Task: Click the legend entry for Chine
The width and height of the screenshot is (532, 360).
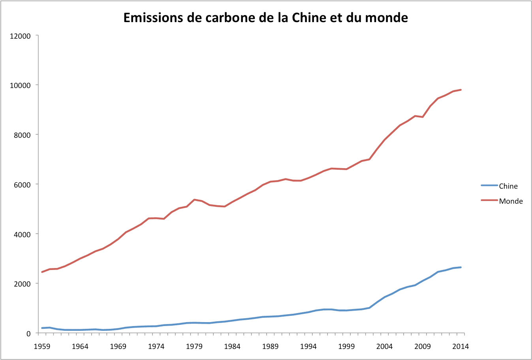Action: (x=508, y=186)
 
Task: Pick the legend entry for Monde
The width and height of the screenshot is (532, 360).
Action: (x=510, y=201)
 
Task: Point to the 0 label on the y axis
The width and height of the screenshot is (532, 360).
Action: (x=28, y=334)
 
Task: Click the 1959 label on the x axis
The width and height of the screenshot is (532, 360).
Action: (x=42, y=347)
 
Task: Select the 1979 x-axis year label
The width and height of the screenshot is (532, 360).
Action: (x=194, y=347)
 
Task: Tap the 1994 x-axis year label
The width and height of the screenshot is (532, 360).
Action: (x=308, y=347)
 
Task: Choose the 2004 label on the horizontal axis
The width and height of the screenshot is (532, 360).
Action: (x=384, y=347)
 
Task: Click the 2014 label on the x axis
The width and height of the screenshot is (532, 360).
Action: (x=461, y=347)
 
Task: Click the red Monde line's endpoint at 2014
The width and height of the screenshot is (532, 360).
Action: (x=461, y=90)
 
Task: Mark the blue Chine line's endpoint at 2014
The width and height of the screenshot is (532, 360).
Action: (x=461, y=267)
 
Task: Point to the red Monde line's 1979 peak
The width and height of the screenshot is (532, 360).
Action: (x=194, y=200)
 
